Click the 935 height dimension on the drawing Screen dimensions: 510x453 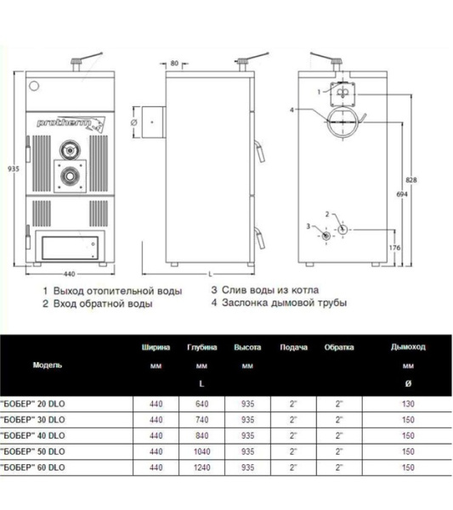pos(13,170)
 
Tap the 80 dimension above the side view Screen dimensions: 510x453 pos(174,63)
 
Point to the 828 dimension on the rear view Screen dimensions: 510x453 pos(412,180)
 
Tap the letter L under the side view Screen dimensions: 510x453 pos(209,275)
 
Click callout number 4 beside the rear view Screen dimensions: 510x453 pos(291,110)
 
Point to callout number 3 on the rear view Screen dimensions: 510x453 pos(309,226)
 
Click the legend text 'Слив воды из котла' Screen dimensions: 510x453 pos(273,290)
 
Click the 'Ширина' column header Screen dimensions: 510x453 pos(156,348)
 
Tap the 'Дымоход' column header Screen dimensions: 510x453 pos(408,348)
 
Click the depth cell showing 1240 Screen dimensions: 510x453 pos(201,468)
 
